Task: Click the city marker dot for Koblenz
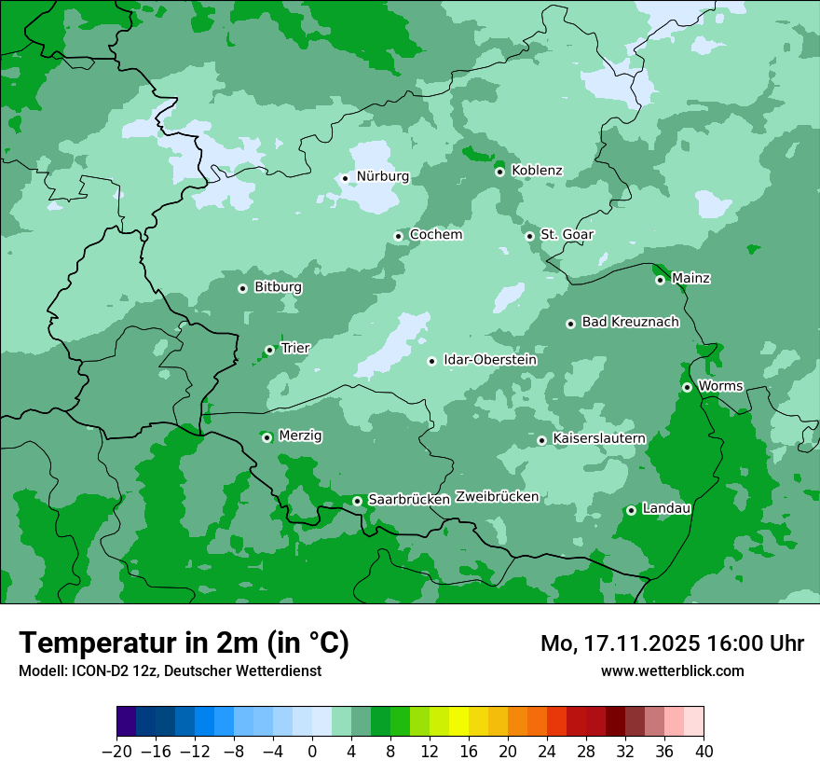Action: tap(500, 172)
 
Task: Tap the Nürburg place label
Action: tap(382, 176)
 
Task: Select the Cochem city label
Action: tap(435, 235)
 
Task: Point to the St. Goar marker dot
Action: tap(530, 236)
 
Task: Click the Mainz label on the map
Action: tap(690, 279)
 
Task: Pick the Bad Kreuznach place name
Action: tap(630, 323)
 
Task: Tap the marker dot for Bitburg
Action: tap(242, 288)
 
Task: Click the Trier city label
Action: tap(295, 349)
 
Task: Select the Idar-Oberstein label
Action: tap(489, 360)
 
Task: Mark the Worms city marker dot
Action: tap(687, 387)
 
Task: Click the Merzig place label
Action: tap(300, 436)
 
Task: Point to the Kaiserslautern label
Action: tap(599, 438)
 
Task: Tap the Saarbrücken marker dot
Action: tap(357, 501)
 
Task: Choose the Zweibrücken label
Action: tap(498, 497)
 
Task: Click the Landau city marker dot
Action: tap(631, 510)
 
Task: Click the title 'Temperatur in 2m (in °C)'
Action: tap(184, 643)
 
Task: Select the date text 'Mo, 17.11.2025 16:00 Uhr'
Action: tap(672, 643)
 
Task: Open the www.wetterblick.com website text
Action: tap(672, 670)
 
